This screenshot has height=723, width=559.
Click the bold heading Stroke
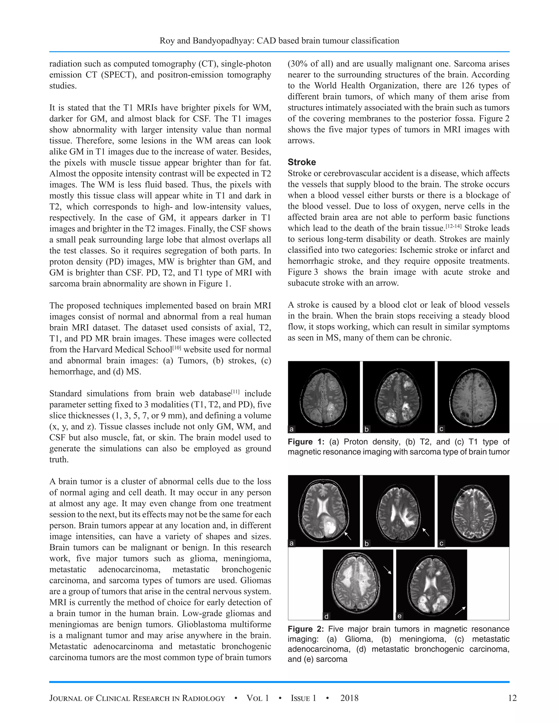301,162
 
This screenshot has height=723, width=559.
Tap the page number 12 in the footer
512,698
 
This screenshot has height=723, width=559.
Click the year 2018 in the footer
349,698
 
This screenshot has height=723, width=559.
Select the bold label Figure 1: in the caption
306,442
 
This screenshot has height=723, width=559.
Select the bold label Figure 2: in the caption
306,629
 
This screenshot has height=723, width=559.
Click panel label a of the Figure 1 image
292,429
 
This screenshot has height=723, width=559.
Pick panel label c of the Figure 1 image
441,429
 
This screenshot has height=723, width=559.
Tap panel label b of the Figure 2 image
367,543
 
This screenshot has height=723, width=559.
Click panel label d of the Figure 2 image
326,616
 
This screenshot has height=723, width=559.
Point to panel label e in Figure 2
399,616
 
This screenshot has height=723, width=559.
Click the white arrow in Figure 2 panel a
348,536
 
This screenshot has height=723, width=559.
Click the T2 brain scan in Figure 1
399,397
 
